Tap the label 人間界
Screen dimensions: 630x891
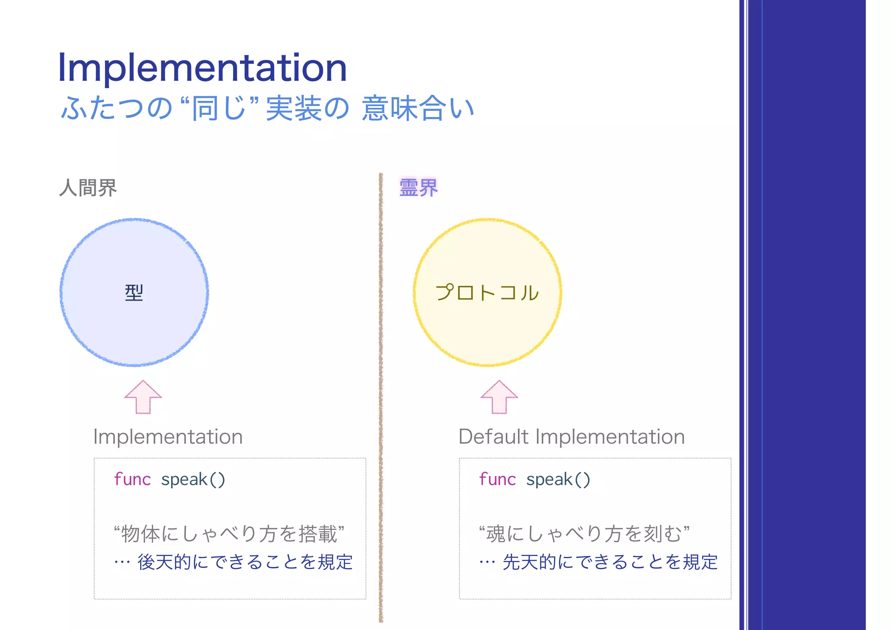point(88,188)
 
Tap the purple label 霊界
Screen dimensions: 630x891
point(418,188)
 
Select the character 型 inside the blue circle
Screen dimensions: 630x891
point(134,293)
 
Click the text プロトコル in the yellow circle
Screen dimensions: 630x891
point(487,293)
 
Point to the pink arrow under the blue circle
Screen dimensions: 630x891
point(143,397)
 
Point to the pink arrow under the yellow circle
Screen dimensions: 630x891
point(499,397)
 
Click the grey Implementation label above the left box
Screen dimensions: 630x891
point(168,436)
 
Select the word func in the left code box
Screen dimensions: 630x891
point(132,479)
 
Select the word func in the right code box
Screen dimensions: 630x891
point(497,479)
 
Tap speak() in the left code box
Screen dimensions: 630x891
point(193,479)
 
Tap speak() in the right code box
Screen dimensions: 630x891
point(558,479)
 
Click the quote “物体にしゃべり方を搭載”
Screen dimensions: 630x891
point(229,534)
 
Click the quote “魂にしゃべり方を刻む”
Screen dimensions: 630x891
point(584,534)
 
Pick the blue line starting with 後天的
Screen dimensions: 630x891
point(245,562)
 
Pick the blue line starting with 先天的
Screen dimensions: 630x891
point(610,562)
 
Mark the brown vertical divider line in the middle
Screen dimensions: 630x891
point(381,392)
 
